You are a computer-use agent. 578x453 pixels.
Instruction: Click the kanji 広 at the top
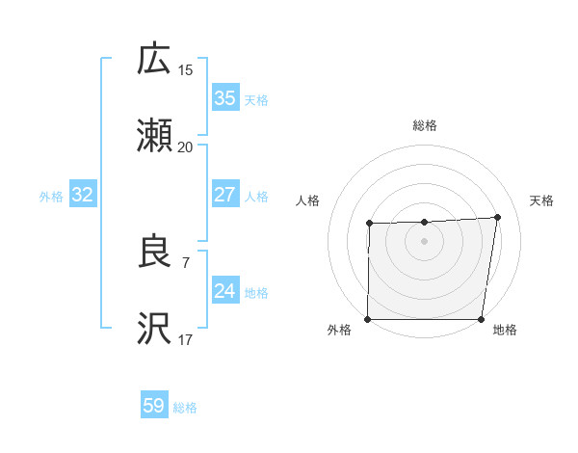(x=154, y=60)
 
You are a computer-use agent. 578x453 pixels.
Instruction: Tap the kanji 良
(x=154, y=253)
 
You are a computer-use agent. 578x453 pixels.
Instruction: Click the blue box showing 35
(x=224, y=98)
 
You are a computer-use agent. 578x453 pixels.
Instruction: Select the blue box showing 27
(x=224, y=195)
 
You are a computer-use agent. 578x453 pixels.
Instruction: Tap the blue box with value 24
(x=224, y=291)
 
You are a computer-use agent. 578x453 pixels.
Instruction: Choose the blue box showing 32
(x=83, y=196)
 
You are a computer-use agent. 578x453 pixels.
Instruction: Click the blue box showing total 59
(x=154, y=406)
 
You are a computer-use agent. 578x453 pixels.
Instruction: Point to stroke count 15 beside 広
(x=186, y=70)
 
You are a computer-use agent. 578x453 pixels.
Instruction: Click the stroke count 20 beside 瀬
(x=186, y=147)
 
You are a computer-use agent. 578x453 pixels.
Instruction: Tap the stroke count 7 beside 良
(x=185, y=262)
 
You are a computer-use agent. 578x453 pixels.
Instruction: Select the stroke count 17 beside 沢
(x=186, y=339)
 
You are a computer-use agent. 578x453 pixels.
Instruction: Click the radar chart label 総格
(x=425, y=125)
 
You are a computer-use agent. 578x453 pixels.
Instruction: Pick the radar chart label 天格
(x=542, y=200)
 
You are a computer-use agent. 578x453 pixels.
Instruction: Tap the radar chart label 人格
(x=308, y=200)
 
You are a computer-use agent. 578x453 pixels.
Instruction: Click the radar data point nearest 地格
(x=482, y=319)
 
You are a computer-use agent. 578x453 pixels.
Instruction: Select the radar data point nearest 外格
(x=368, y=319)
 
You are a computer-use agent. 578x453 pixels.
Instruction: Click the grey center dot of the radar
(x=425, y=241)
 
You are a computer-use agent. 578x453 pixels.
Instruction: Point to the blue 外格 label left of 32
(x=51, y=197)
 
